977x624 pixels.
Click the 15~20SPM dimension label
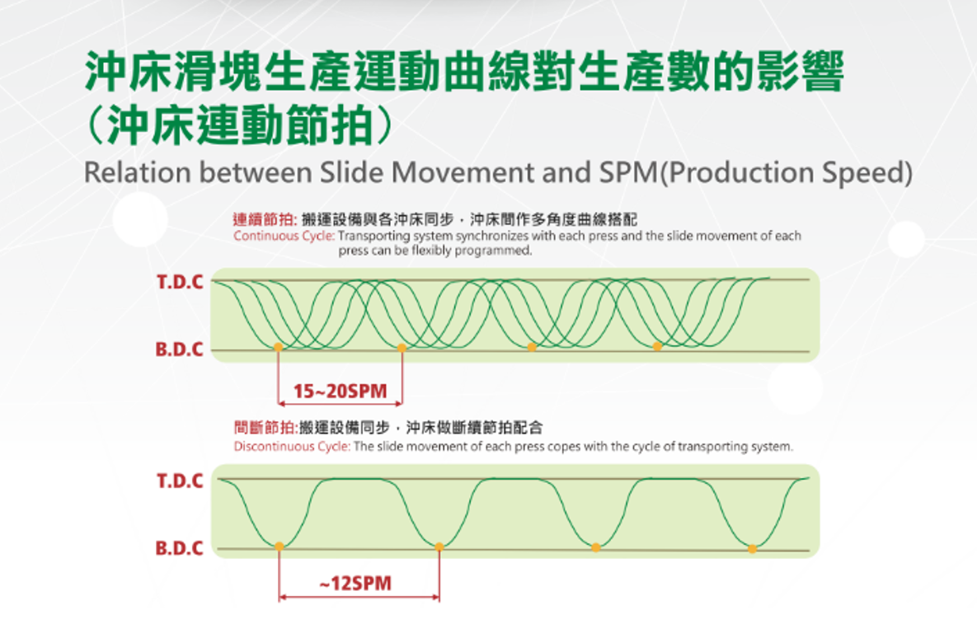[x=341, y=391]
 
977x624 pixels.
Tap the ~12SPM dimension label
[x=356, y=584]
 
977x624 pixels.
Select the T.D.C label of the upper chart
[x=180, y=282]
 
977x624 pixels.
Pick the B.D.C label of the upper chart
[x=180, y=349]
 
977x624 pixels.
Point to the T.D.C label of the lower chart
[x=180, y=481]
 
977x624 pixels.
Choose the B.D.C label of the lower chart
[x=180, y=548]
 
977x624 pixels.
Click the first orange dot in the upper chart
[x=278, y=347]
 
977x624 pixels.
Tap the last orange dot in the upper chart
[x=657, y=346]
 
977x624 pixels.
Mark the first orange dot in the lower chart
[x=279, y=547]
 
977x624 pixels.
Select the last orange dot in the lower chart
[x=753, y=549]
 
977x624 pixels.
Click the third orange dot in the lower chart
[x=596, y=547]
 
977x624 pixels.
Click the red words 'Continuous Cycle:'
[x=284, y=236]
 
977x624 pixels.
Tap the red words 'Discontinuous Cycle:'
[x=292, y=447]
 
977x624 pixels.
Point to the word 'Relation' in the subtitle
[x=138, y=172]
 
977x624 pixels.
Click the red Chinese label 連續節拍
[x=263, y=219]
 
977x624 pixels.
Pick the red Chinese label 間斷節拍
[x=264, y=427]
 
